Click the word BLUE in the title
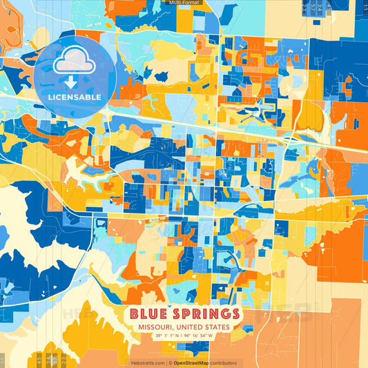coord(150,314)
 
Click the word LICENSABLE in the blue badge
coord(75,97)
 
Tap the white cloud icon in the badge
coord(74,62)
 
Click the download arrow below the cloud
coord(71,82)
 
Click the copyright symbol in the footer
coord(169,362)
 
